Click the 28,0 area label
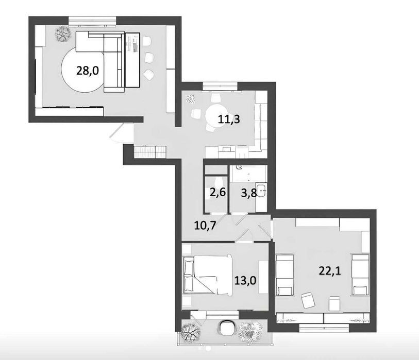88,71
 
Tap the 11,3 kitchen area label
229,119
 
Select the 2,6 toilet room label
218,192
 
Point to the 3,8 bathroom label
249,193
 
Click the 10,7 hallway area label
205,226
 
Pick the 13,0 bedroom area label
245,280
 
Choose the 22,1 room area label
329,271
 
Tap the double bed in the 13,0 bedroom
208,275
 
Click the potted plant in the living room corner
63,34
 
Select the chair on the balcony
227,328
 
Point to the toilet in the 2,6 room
216,182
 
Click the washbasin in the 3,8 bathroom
261,189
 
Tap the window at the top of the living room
92,21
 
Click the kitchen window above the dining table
220,87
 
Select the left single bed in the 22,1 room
284,275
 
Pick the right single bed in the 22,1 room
360,275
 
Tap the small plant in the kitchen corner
191,99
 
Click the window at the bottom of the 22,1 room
324,328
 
